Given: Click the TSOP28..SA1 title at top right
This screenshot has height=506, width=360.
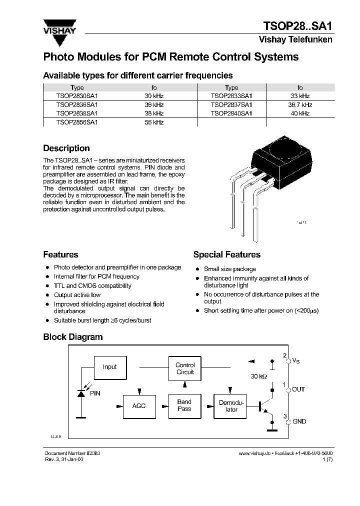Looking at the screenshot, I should [297, 26].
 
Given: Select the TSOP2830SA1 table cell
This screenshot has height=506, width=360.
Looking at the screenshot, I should [77, 96].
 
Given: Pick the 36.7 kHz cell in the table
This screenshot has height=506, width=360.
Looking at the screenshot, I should [300, 105].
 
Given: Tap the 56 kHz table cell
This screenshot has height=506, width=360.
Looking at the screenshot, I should [154, 122].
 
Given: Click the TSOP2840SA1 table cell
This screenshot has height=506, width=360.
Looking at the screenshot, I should [231, 113].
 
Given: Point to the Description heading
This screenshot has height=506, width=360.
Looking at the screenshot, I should [66, 148].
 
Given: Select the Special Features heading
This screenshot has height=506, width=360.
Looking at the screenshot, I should [226, 254].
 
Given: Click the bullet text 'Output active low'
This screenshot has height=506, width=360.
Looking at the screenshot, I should [77, 295].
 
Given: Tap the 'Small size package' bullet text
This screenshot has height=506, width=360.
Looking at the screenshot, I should [229, 269].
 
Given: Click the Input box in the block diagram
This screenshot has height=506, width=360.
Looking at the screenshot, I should [109, 367].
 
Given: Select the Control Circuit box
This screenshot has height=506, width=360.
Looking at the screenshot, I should [185, 368].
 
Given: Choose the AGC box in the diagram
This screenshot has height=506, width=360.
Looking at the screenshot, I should [139, 405].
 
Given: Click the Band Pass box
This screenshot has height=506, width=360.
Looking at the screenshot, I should [184, 405].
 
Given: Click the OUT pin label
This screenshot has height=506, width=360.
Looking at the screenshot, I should [298, 389].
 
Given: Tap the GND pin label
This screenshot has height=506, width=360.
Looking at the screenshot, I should [299, 421].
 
